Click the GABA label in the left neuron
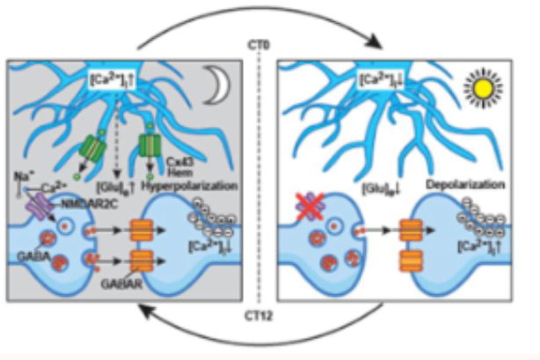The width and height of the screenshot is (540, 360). pos(30,261)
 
